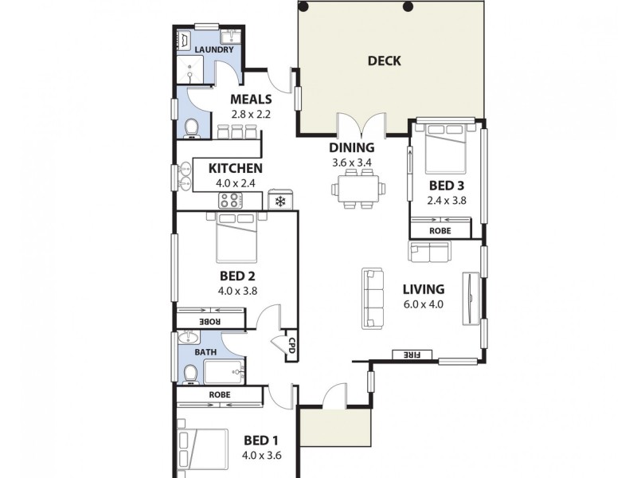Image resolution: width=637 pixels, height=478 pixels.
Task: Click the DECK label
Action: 385,61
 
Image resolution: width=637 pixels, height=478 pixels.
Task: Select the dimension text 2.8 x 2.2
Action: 251,114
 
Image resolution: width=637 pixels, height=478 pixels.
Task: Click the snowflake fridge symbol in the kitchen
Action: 280,201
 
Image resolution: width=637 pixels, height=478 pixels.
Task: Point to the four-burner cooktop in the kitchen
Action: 234,201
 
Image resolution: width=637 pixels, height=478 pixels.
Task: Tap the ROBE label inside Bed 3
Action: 440,231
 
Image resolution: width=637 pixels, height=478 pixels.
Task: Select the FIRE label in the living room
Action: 412,355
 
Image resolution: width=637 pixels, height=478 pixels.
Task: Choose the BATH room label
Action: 205,351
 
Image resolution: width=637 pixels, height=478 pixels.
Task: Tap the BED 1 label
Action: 261,441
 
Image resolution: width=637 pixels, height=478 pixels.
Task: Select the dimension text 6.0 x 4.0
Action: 423,304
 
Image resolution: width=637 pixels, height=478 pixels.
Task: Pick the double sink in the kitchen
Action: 186,176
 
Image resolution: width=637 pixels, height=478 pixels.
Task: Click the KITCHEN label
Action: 235,168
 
